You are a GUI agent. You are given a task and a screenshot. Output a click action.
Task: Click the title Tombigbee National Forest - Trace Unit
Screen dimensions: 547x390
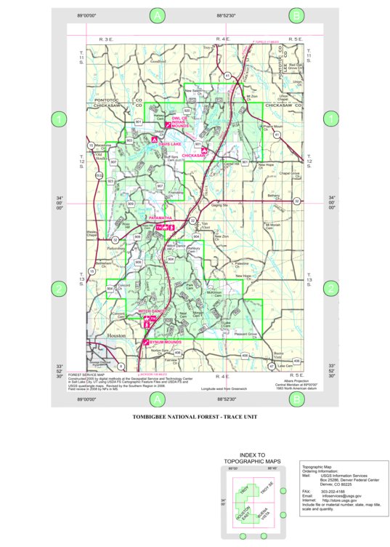click(x=195, y=418)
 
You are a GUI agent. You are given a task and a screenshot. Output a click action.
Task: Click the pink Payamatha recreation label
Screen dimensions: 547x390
click(x=160, y=217)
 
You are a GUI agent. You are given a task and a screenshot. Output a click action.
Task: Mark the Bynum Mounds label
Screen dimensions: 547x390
click(x=164, y=341)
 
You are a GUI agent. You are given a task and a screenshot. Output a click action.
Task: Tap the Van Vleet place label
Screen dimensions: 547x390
click(x=204, y=222)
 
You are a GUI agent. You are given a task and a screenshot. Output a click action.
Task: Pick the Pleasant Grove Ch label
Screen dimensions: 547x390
click(x=247, y=334)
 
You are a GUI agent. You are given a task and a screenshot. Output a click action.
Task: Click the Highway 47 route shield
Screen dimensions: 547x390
click(x=272, y=366)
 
